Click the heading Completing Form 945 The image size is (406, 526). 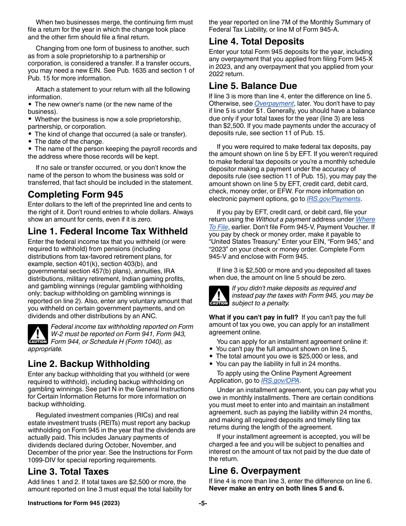click(75, 195)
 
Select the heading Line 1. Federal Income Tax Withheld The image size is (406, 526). click(108, 231)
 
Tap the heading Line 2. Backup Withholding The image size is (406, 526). click(88, 364)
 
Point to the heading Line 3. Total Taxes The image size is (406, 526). click(68, 472)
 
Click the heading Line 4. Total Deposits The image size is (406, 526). click(256, 41)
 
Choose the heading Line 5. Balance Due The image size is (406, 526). click(253, 86)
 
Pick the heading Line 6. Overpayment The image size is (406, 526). click(255, 471)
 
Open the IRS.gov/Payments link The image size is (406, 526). click(333, 199)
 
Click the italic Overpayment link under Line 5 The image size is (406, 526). click(274, 103)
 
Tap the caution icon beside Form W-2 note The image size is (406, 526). click(38, 334)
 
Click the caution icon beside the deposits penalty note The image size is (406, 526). click(219, 296)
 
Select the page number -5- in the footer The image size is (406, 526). click(203, 503)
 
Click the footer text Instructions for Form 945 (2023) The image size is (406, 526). click(74, 503)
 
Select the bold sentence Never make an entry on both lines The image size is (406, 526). click(276, 488)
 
